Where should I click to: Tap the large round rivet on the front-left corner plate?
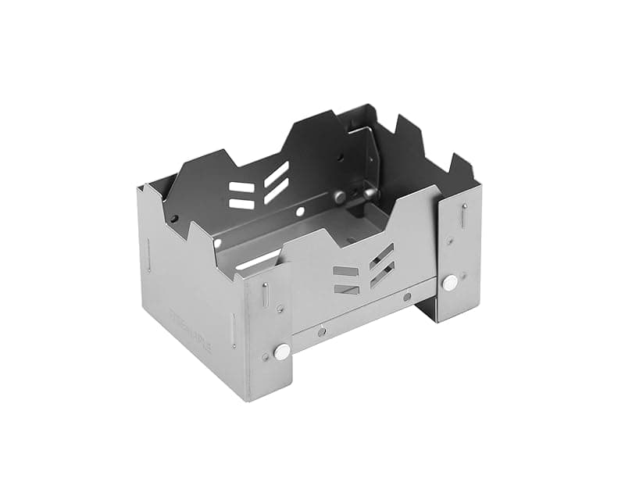[282, 352]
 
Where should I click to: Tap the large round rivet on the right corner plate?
[450, 283]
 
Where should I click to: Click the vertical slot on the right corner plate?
[464, 216]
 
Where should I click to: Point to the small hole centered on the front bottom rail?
[321, 331]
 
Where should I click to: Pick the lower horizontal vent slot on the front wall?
[346, 289]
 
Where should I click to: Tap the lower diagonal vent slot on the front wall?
[382, 274]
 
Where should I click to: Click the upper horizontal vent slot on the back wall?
[241, 188]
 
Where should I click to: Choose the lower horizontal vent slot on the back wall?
[241, 204]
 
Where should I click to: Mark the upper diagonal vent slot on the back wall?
[276, 173]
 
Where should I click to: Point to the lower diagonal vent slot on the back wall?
[276, 191]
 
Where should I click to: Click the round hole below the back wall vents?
[300, 212]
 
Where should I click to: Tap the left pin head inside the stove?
[340, 197]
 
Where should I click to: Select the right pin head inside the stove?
[367, 191]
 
